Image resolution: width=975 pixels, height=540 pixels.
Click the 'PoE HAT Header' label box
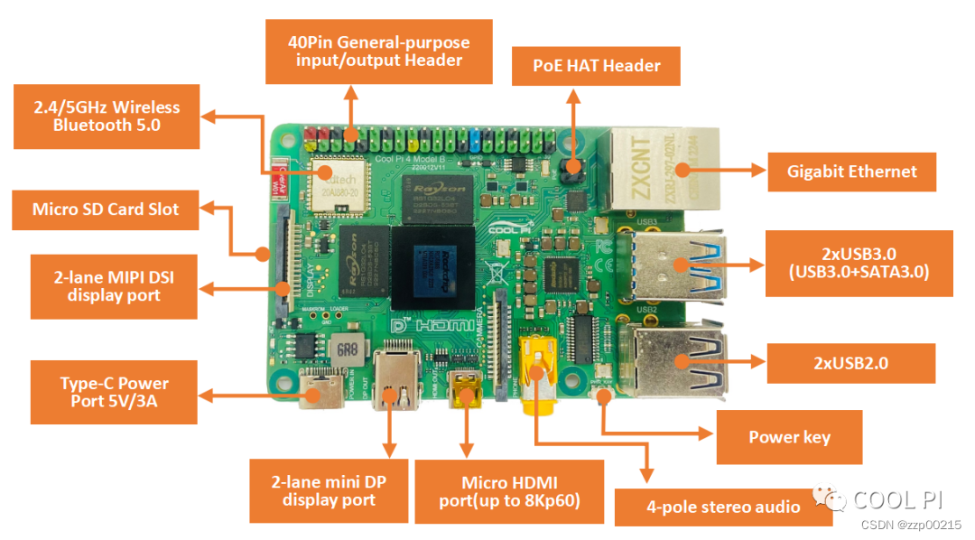point(596,66)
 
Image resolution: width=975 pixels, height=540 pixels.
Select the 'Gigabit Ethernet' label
point(851,172)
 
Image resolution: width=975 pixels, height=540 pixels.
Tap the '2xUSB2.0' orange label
point(850,363)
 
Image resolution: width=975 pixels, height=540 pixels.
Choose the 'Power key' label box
point(789,437)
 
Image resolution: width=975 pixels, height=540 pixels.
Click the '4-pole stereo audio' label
point(723,507)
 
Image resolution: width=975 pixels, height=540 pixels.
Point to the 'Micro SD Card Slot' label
point(106,209)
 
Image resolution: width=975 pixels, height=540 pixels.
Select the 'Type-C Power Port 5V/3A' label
point(114,393)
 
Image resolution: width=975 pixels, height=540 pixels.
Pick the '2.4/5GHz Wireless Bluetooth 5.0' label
point(105,116)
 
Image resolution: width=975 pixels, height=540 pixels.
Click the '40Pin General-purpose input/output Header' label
point(378,51)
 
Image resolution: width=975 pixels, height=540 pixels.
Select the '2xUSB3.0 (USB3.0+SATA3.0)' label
point(859,263)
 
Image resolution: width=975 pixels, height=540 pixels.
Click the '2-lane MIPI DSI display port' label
point(114,286)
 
